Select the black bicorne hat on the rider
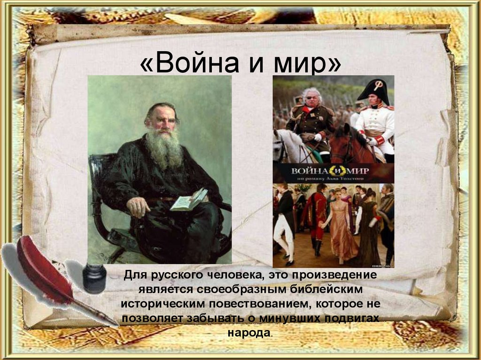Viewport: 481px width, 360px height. pos(376,90)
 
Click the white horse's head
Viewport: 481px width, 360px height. pos(282,143)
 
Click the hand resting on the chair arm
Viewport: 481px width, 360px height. pos(138,206)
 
